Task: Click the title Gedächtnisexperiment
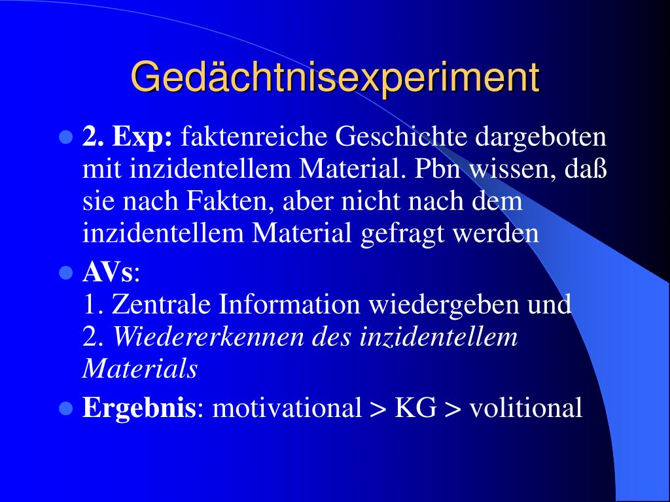coord(335,78)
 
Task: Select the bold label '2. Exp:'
coord(128,137)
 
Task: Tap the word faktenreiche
coord(254,137)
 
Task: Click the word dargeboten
coord(541,137)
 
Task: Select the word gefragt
coord(402,234)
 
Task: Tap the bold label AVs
coord(108,272)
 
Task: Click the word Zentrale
coord(161,304)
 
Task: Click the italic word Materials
coord(140,368)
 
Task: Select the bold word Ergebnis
coord(139,408)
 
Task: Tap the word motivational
coord(287,407)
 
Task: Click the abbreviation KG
coord(415,408)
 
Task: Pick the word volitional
coord(525,407)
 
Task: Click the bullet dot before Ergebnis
coord(66,409)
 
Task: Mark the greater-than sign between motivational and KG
coord(378,409)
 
